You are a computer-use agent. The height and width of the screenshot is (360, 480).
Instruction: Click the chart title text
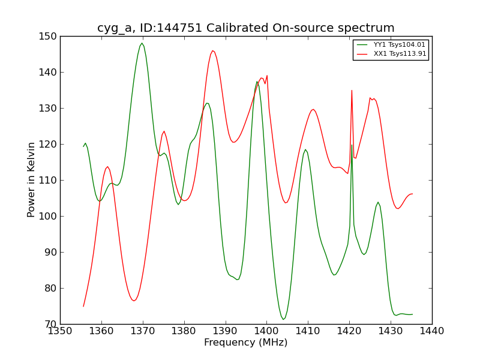tap(246, 28)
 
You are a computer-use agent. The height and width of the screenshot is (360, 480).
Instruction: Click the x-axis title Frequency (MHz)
tap(246, 343)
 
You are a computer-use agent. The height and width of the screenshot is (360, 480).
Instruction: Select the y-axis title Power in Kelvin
tap(32, 180)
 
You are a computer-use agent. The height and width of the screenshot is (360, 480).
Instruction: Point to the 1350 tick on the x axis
tap(60, 331)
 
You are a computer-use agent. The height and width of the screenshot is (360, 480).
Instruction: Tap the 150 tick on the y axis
tap(48, 37)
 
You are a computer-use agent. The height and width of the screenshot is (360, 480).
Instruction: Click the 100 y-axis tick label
tap(48, 216)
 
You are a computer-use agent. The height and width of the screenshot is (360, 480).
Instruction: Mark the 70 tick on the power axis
tap(50, 324)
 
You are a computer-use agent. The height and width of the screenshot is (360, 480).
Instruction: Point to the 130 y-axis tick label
tap(48, 109)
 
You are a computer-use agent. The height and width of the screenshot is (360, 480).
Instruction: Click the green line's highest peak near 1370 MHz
tap(142, 43)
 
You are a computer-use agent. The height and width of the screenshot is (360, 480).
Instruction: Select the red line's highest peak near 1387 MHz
tap(212, 50)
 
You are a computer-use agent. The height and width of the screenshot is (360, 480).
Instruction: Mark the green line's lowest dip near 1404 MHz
tap(283, 319)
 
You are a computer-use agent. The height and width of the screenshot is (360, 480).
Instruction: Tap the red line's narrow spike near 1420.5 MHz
tap(352, 90)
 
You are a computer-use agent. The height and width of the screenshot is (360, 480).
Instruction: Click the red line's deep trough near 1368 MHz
tap(134, 301)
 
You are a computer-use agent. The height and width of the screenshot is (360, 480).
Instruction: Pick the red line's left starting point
tap(83, 307)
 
